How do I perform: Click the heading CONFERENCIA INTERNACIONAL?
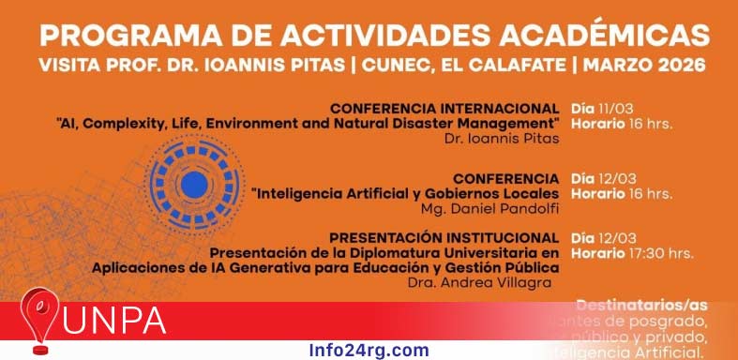(445, 108)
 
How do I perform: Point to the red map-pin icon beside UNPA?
(42, 322)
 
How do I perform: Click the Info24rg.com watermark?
(369, 351)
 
